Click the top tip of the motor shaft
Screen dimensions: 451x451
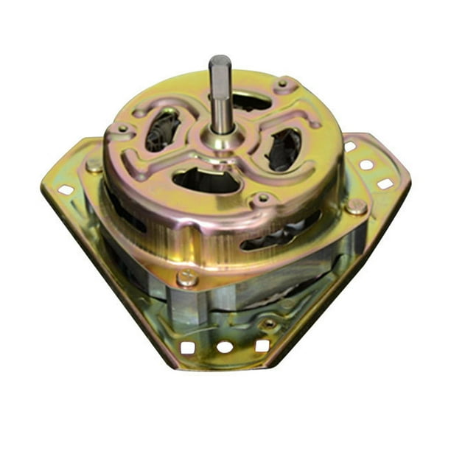tap(220, 60)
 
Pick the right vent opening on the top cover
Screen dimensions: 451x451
tap(284, 148)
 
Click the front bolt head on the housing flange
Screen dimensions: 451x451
tap(187, 278)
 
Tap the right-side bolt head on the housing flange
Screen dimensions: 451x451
tap(357, 206)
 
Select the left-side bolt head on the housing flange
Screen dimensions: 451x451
tap(94, 165)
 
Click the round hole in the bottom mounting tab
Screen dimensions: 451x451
tap(225, 346)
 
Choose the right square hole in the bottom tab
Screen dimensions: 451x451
tap(262, 345)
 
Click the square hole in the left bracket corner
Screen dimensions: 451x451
tap(66, 189)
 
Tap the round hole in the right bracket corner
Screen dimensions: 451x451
tap(366, 164)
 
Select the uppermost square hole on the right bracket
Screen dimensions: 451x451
tap(350, 147)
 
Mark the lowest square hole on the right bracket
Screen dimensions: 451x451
tap(385, 183)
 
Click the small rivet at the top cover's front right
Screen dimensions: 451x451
tap(262, 199)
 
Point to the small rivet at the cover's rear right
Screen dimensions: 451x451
tap(282, 85)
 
